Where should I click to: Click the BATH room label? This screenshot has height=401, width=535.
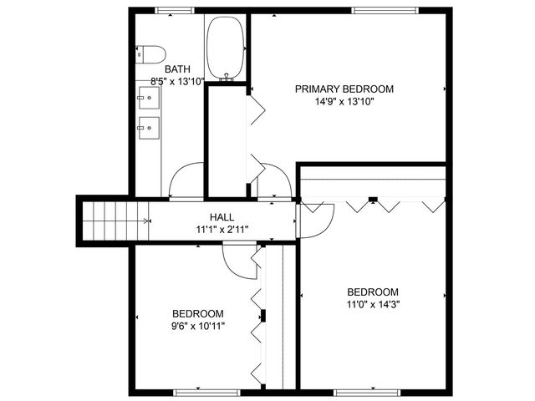click(177, 69)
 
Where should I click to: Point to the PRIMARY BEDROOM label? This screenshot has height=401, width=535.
click(344, 89)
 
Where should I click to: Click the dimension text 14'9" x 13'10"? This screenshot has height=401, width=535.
click(344, 102)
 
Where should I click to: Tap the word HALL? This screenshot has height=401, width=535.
click(222, 216)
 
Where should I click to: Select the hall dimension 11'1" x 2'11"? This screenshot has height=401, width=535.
click(222, 229)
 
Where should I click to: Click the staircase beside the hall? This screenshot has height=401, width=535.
click(115, 221)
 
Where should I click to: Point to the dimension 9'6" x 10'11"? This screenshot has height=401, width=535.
click(197, 326)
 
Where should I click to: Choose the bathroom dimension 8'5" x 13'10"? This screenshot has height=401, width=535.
click(177, 82)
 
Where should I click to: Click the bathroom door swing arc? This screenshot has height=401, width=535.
click(186, 179)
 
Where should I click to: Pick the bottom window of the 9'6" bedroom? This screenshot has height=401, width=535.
click(195, 392)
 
